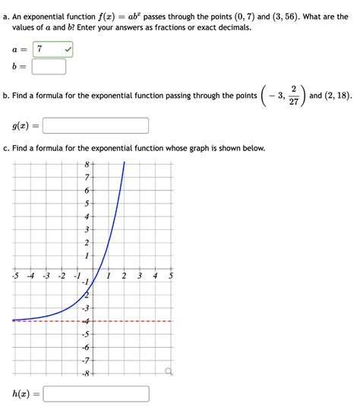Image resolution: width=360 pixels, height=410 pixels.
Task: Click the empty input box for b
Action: pyautogui.click(x=48, y=67)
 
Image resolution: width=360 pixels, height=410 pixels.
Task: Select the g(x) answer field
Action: pyautogui.click(x=96, y=125)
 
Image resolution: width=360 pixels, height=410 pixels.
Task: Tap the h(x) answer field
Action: pyautogui.click(x=96, y=394)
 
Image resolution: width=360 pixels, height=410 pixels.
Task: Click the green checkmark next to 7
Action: pyautogui.click(x=68, y=49)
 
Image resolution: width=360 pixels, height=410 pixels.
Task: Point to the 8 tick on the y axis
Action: pyautogui.click(x=87, y=164)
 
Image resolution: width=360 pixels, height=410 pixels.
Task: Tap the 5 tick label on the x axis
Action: pyautogui.click(x=170, y=276)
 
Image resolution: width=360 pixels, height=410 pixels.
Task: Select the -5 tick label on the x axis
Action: pyautogui.click(x=15, y=276)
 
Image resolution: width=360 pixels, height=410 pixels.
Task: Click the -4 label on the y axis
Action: pyautogui.click(x=86, y=321)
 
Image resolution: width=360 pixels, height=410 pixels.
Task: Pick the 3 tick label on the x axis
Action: pyautogui.click(x=139, y=276)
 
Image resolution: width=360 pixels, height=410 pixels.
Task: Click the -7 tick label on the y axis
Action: pyautogui.click(x=86, y=360)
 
